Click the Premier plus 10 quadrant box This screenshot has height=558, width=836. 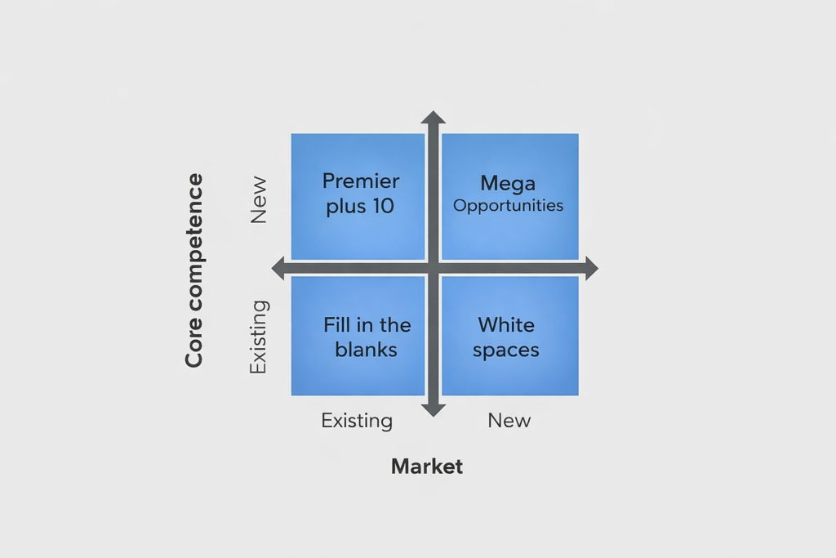click(x=358, y=196)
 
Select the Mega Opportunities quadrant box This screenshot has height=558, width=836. click(x=509, y=196)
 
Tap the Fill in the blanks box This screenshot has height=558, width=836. click(x=358, y=337)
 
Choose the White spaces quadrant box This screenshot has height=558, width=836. click(x=509, y=337)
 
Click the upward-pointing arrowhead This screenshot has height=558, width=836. click(x=433, y=118)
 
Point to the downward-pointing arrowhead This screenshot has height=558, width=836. click(x=433, y=408)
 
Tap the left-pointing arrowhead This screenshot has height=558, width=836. click(x=279, y=267)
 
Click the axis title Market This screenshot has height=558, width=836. click(x=427, y=466)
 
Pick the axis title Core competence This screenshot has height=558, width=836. click(x=194, y=270)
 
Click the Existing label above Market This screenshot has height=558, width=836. click(x=357, y=421)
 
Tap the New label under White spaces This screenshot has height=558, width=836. click(x=509, y=421)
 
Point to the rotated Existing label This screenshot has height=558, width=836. click(x=258, y=337)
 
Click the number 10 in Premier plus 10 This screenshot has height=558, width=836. click(x=383, y=207)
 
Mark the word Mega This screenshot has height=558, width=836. click(x=508, y=182)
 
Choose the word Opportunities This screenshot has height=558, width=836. click(x=508, y=205)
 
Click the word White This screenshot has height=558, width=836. click(x=506, y=324)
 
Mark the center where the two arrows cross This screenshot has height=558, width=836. click(x=433, y=267)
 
